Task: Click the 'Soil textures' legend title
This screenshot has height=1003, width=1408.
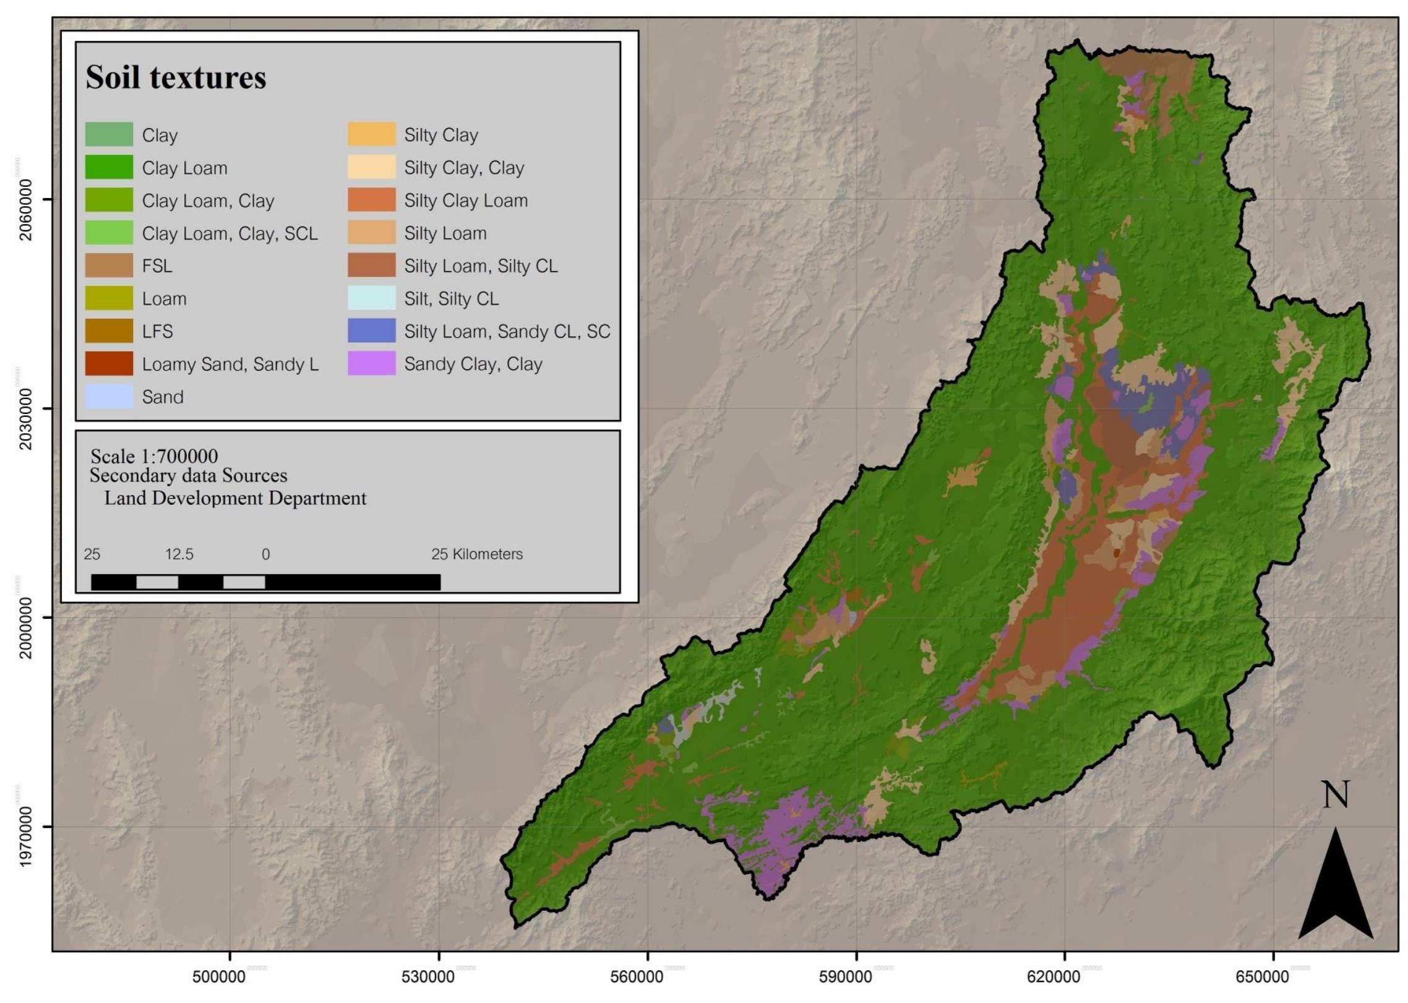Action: click(x=176, y=77)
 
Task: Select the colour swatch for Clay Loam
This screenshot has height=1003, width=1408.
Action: click(x=109, y=167)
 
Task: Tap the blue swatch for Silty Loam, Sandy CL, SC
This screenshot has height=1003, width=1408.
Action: click(x=371, y=330)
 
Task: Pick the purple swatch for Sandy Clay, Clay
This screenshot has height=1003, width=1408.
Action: click(x=371, y=363)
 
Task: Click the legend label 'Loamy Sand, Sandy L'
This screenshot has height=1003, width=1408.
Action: click(x=230, y=364)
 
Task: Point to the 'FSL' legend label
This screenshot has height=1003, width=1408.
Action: click(x=157, y=266)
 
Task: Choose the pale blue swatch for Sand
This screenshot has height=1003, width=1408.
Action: click(x=109, y=396)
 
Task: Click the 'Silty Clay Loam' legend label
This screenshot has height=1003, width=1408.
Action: click(x=466, y=200)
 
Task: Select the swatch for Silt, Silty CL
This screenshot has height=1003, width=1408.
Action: click(x=371, y=298)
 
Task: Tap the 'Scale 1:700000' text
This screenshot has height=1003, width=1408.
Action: click(x=154, y=457)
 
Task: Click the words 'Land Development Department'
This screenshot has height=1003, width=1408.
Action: click(x=235, y=498)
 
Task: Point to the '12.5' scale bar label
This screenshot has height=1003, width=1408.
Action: click(x=179, y=554)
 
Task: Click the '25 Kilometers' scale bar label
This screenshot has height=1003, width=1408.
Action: click(x=477, y=554)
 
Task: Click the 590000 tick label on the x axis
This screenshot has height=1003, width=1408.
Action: click(x=846, y=977)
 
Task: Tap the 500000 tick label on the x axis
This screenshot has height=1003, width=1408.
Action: click(x=219, y=977)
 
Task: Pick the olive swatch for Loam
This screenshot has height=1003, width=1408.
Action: click(x=109, y=298)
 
